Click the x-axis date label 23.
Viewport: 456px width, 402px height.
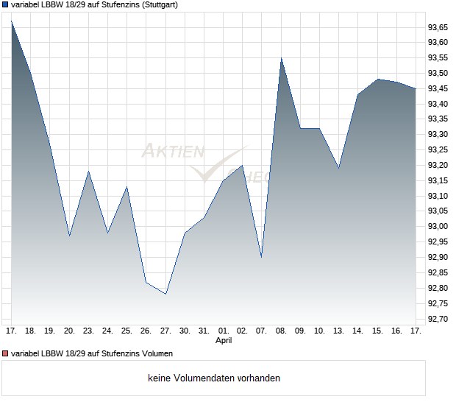click(x=88, y=331)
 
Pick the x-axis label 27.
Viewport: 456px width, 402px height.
click(x=165, y=331)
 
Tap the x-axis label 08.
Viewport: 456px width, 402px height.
click(x=281, y=331)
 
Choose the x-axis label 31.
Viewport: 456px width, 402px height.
click(x=204, y=331)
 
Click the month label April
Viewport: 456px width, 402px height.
click(x=224, y=341)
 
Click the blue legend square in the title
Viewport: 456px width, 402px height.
click(x=5, y=4)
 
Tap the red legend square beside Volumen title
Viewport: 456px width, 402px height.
click(x=5, y=353)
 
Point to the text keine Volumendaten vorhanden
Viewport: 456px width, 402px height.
click(x=214, y=378)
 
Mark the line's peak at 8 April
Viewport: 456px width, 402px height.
click(x=281, y=58)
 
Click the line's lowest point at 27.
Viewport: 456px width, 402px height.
click(x=165, y=294)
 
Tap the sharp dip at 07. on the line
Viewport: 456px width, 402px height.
click(x=262, y=257)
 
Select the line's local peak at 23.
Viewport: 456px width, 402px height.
click(x=88, y=172)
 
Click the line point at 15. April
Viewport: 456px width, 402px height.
click(x=377, y=79)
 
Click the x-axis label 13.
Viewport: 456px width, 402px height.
click(x=339, y=331)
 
